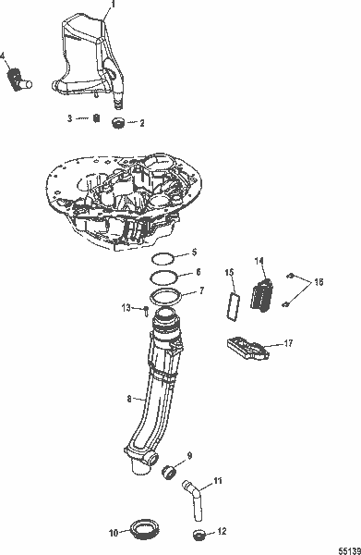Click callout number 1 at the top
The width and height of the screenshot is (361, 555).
click(113, 6)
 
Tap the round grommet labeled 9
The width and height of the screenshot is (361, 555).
click(169, 474)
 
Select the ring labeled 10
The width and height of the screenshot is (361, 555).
click(143, 529)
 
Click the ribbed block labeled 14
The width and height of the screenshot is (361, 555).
click(263, 294)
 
